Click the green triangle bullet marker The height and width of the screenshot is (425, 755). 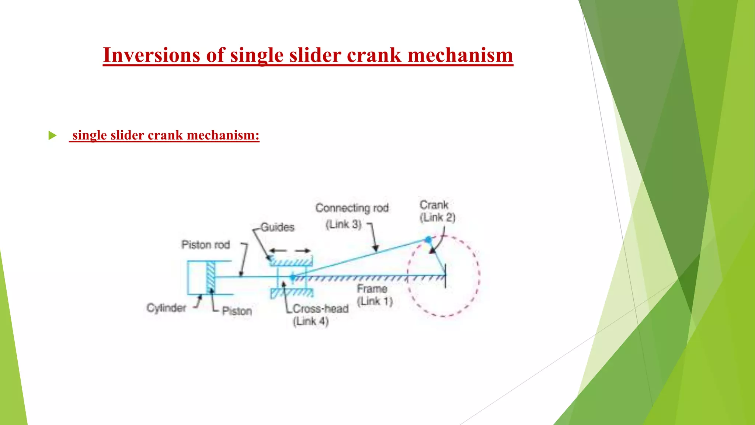(52, 135)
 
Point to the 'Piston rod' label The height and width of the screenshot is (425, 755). (205, 245)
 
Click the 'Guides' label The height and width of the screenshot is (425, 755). (277, 227)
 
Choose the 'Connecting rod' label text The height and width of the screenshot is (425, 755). (352, 208)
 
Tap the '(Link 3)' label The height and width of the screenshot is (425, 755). (343, 224)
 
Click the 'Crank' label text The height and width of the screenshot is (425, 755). (434, 205)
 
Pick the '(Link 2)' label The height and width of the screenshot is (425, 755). (438, 218)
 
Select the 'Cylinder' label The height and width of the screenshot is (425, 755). (166, 308)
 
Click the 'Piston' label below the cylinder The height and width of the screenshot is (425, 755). (237, 311)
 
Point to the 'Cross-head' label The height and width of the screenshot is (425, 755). (320, 308)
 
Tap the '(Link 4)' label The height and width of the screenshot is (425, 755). (310, 321)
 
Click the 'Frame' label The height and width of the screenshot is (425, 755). (372, 288)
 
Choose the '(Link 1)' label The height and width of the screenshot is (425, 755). (375, 301)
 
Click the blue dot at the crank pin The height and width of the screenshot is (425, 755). (428, 240)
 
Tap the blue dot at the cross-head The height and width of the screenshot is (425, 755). (293, 277)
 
